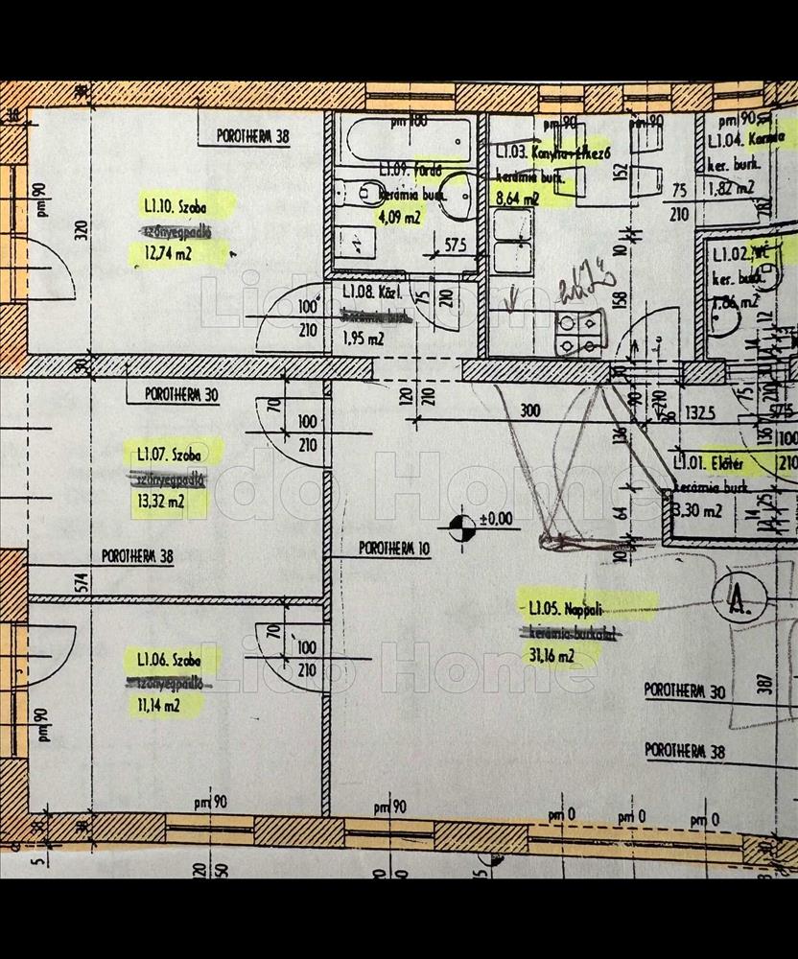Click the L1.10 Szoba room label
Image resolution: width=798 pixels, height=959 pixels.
click(x=174, y=206)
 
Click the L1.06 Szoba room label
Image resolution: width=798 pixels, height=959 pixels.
click(x=168, y=660)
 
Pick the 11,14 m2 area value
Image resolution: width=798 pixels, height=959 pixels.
click(x=153, y=707)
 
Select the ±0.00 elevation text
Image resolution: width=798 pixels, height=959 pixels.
click(x=497, y=519)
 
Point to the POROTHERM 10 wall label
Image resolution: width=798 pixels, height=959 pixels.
click(x=395, y=549)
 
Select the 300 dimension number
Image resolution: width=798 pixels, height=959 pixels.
click(x=528, y=409)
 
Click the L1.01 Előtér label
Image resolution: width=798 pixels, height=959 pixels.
click(x=710, y=464)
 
